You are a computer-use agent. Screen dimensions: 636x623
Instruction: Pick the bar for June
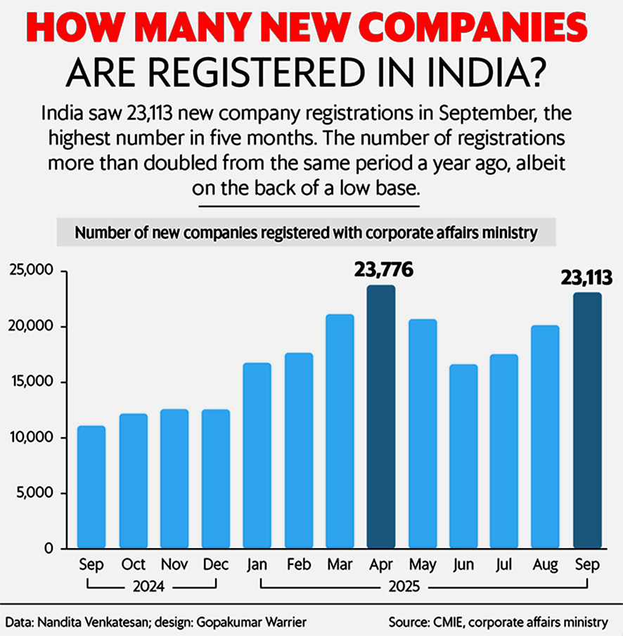pyautogui.click(x=463, y=457)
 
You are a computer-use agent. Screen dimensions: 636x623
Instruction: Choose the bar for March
pyautogui.click(x=340, y=431)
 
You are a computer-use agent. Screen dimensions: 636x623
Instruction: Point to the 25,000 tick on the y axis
pyautogui.click(x=34, y=271)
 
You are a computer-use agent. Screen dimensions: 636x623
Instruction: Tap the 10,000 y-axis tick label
pyautogui.click(x=34, y=438)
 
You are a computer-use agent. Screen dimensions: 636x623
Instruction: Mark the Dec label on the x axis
pyautogui.click(x=215, y=565)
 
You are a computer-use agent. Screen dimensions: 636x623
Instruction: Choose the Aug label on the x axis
pyautogui.click(x=546, y=565)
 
